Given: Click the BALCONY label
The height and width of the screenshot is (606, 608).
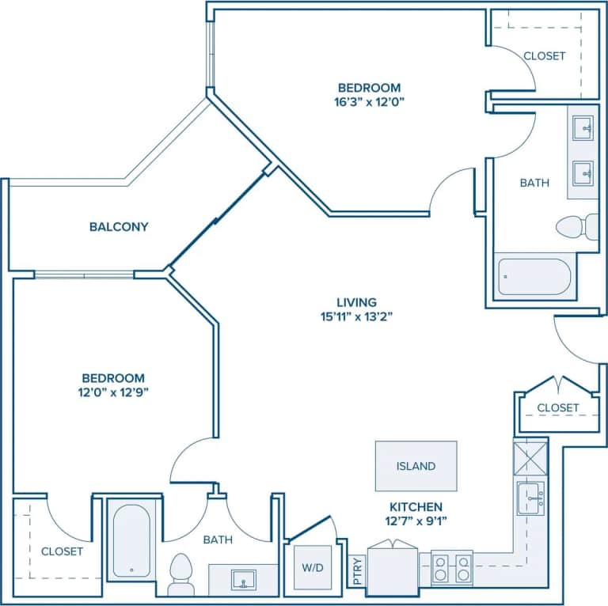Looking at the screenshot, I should [119, 227].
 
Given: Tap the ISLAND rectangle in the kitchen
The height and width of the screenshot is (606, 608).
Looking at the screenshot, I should [416, 466].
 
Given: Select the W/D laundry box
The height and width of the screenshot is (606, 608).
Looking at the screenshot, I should [312, 567].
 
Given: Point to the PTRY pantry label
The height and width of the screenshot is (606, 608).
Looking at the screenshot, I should [356, 572].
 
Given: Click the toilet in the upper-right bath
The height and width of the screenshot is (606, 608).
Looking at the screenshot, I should [576, 227].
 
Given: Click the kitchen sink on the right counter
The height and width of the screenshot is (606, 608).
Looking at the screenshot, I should [531, 498].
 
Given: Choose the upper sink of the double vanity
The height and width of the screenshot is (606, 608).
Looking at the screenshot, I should [583, 127].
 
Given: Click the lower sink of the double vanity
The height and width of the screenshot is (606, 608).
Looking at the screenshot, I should [583, 170].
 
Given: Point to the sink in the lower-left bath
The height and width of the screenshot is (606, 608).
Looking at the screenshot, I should [243, 580].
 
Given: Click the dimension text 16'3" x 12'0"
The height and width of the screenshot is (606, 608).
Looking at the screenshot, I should [370, 102].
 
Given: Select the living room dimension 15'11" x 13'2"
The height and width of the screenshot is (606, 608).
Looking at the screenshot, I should [356, 316].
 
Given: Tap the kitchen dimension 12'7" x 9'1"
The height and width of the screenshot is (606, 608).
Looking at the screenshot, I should [416, 521].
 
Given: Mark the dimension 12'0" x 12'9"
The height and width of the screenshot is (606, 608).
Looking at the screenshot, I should [115, 392].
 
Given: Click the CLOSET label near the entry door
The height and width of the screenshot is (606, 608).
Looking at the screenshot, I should [558, 407].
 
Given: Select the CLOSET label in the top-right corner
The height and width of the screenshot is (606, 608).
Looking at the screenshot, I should [545, 55].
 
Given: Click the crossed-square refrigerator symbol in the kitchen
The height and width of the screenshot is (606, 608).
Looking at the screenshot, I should [530, 457].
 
